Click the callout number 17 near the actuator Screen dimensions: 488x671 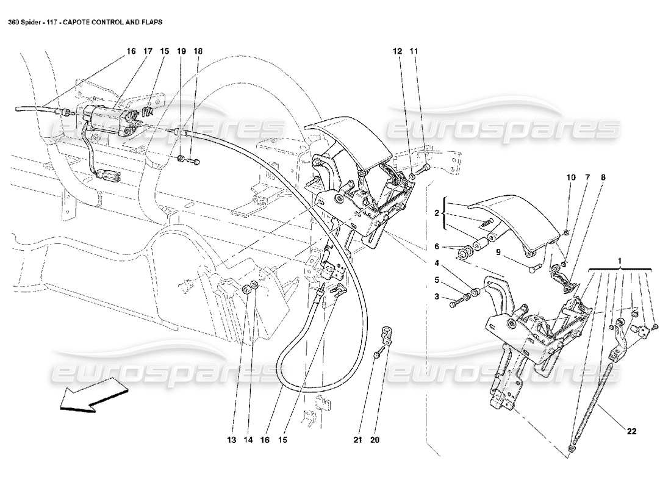(147, 52)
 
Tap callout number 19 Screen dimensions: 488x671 (181, 52)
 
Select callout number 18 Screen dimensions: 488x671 (197, 52)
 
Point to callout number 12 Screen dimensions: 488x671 (398, 52)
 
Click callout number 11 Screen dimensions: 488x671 (414, 52)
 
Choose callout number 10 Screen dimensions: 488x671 (570, 178)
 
